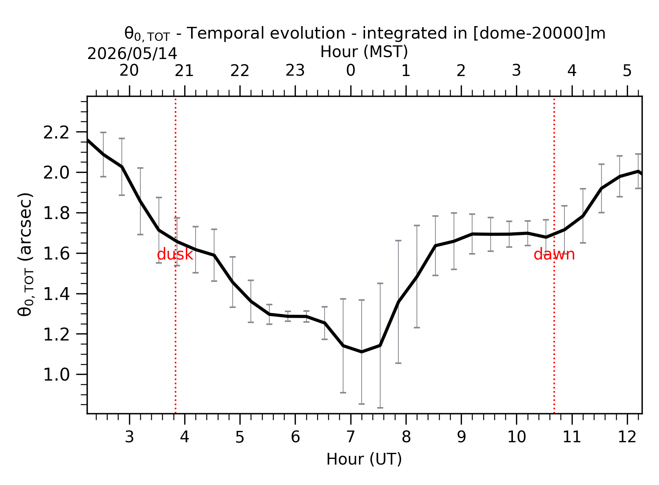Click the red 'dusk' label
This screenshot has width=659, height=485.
pos(175,255)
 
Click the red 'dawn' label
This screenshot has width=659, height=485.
pos(554,255)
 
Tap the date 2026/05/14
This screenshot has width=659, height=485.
pos(132,54)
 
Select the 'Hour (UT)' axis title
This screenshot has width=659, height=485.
pos(364,459)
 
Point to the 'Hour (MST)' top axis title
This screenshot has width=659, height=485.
pos(364,52)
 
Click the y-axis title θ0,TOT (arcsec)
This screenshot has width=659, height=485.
pos(26,254)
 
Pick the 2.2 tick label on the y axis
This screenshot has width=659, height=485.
pos(56,132)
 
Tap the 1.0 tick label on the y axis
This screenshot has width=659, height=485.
pos(56,375)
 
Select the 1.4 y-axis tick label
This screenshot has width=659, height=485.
pos(56,294)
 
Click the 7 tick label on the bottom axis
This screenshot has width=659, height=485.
pos(351,437)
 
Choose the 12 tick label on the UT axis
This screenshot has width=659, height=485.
pos(627,437)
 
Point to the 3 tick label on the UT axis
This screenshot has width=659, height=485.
pos(129,437)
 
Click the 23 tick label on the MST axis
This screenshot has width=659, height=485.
pos(295,71)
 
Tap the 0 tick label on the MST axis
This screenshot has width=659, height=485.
pos(351,71)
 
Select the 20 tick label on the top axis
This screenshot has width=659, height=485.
pos(129,71)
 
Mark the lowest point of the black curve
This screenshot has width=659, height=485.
pos(362,352)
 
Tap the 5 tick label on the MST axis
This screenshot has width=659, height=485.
pos(627,71)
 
